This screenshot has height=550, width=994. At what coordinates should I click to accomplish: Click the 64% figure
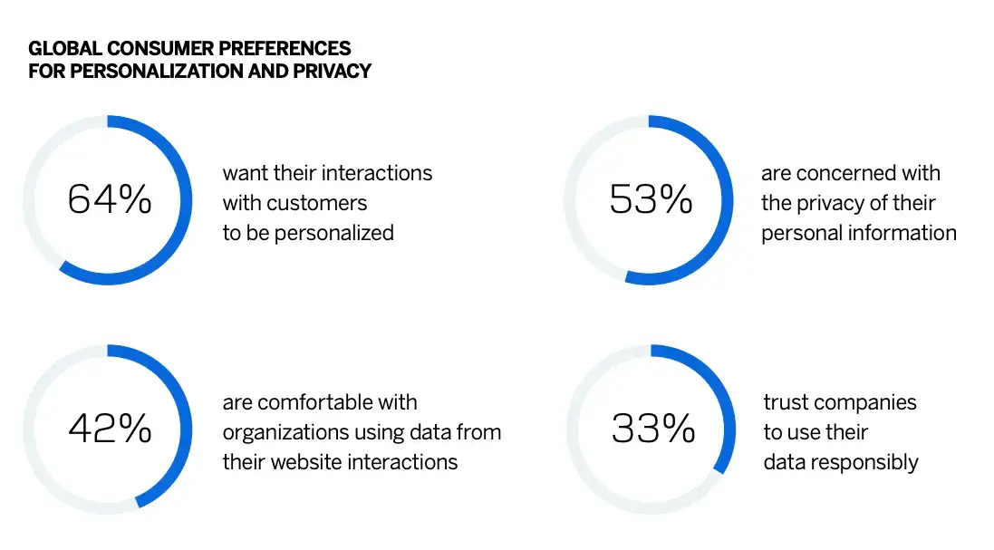(x=109, y=199)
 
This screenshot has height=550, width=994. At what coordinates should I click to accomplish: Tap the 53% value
(x=651, y=199)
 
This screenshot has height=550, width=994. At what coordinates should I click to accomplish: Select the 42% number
(x=109, y=429)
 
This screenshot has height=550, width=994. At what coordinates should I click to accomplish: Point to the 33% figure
(x=652, y=429)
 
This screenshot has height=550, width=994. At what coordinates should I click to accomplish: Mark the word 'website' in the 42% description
(x=305, y=462)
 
